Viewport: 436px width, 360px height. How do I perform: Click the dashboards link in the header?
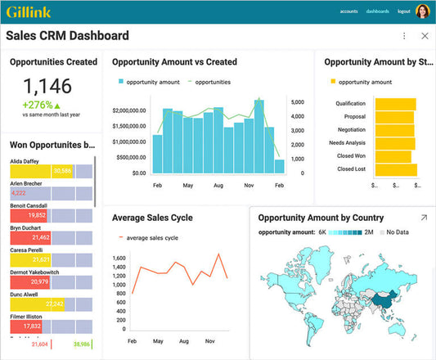tap(377, 11)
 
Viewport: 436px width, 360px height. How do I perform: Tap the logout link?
tap(403, 11)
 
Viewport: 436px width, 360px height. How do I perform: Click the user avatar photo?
tap(423, 11)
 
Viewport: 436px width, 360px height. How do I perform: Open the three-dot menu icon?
tap(404, 36)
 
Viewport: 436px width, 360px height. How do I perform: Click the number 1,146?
tap(47, 86)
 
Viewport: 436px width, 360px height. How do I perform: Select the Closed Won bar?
tap(393, 155)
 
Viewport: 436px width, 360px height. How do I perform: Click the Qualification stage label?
tap(351, 104)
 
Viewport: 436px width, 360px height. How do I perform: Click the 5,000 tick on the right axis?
tap(298, 102)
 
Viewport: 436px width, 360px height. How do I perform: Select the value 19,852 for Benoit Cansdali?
tap(36, 214)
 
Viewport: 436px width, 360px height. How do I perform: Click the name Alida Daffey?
tap(25, 162)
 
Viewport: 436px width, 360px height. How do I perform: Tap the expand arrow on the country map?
tap(424, 218)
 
